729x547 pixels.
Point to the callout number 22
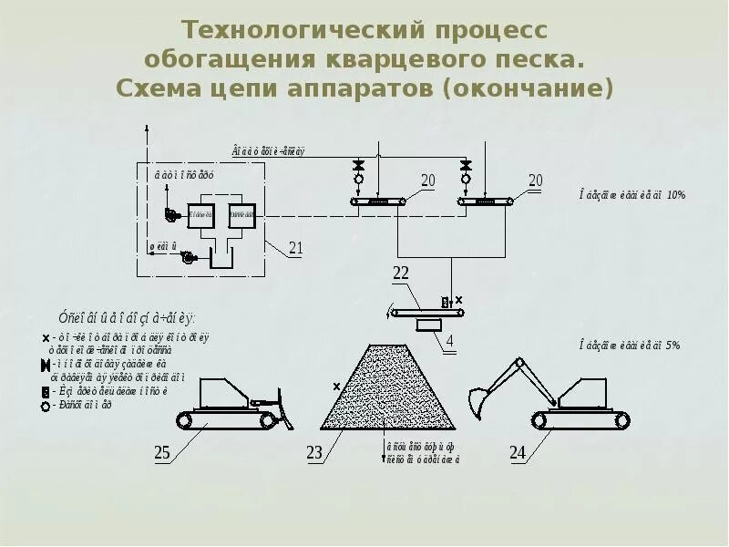click(402, 273)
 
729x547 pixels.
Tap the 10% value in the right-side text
click(674, 194)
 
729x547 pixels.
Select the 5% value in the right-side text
click(673, 345)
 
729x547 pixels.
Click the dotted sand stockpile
click(389, 392)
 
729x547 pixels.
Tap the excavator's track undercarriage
click(581, 419)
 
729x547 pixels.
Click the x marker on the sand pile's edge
click(336, 387)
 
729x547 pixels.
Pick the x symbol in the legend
click(45, 337)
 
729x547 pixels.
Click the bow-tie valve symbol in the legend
click(45, 366)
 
